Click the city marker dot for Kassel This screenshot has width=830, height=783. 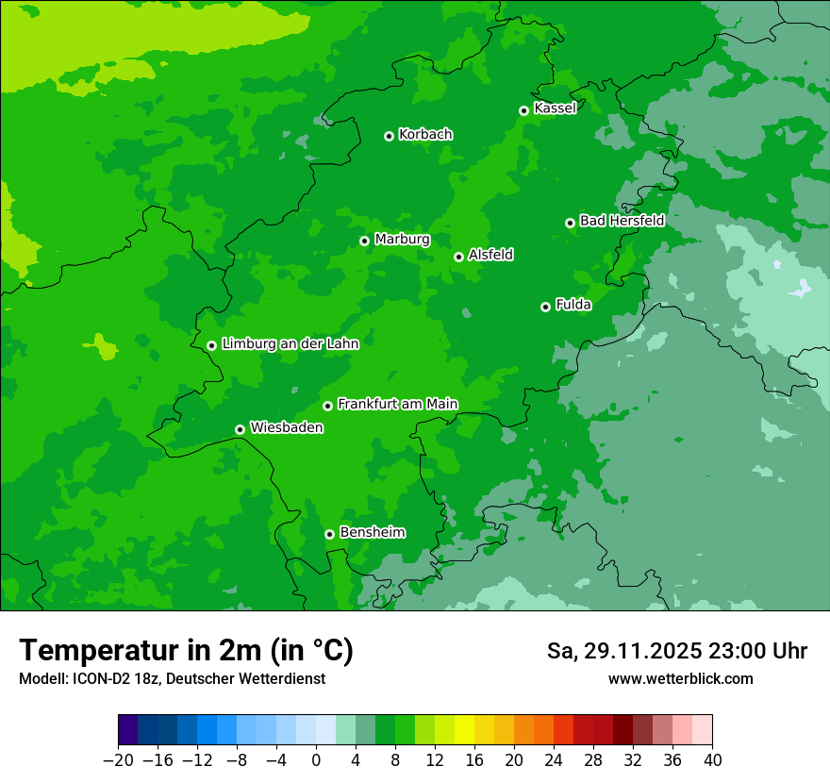pyautogui.click(x=523, y=110)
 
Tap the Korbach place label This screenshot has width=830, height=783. pyautogui.click(x=425, y=135)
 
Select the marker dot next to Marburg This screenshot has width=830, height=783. pyautogui.click(x=364, y=241)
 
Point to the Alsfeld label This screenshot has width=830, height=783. pyautogui.click(x=490, y=255)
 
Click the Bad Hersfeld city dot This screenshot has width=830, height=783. pyautogui.click(x=570, y=223)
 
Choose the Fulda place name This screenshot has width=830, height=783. pyautogui.click(x=573, y=305)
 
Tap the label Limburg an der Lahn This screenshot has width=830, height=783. pyautogui.click(x=290, y=344)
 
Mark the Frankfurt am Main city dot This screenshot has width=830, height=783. pyautogui.click(x=327, y=406)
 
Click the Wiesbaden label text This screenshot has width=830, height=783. pyautogui.click(x=287, y=428)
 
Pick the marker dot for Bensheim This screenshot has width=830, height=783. pyautogui.click(x=329, y=534)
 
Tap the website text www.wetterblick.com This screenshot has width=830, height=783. pyautogui.click(x=680, y=678)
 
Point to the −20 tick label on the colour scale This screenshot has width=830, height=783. pyautogui.click(x=118, y=760)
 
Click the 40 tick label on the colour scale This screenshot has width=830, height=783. pyautogui.click(x=712, y=760)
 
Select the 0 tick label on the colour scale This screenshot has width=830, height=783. pyautogui.click(x=316, y=760)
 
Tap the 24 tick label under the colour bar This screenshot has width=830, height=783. pyautogui.click(x=554, y=760)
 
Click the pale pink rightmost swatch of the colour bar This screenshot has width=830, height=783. pyautogui.click(x=702, y=729)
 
